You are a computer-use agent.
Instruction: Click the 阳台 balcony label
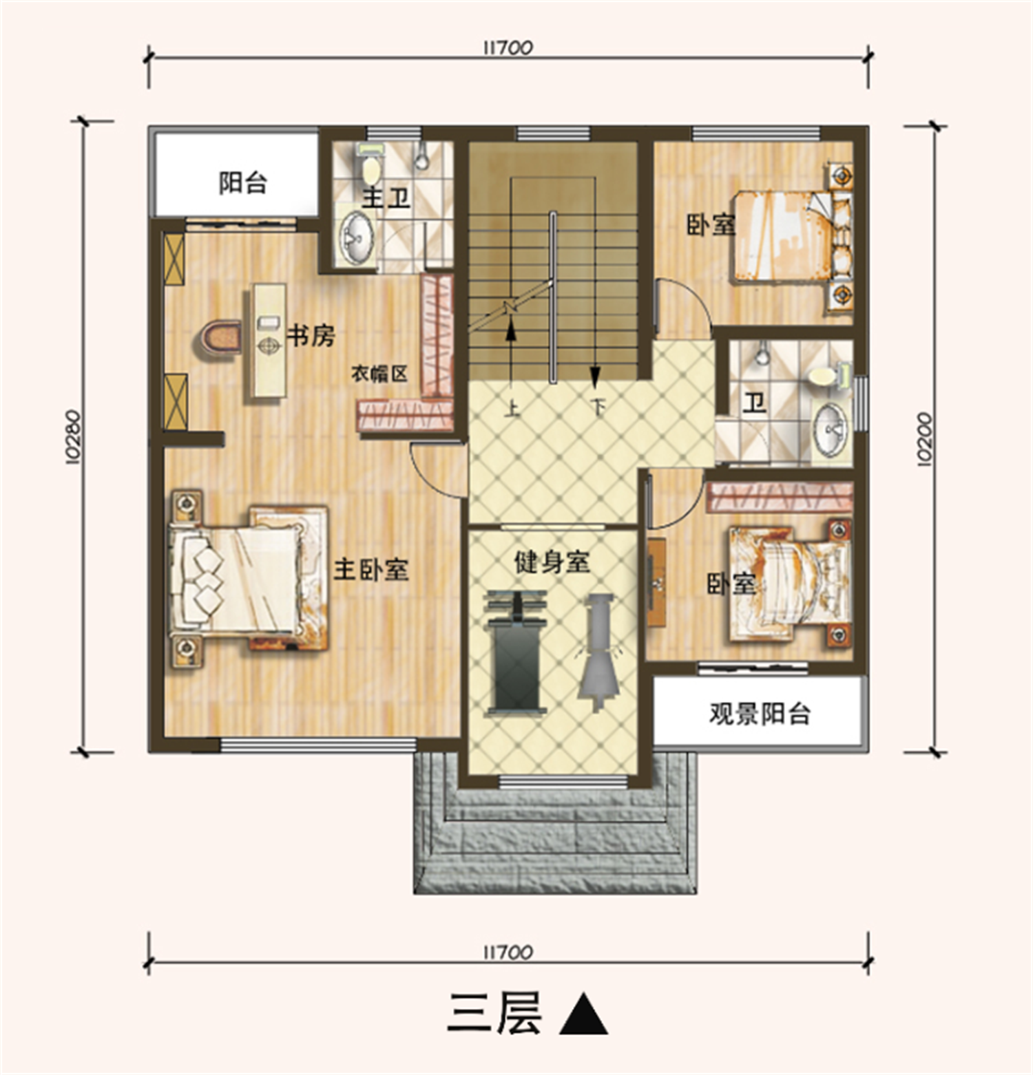(x=243, y=183)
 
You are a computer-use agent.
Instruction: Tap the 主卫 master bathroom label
(x=386, y=198)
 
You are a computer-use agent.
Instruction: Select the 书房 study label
(x=311, y=336)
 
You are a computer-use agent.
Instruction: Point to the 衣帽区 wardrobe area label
(x=379, y=374)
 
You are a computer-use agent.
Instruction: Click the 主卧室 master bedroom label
(x=371, y=569)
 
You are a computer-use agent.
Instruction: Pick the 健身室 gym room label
(x=552, y=562)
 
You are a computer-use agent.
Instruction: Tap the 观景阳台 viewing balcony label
(x=760, y=714)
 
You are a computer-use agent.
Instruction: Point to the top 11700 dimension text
(x=508, y=48)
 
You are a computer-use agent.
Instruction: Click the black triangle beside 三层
(x=583, y=1014)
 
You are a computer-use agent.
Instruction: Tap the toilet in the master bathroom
(x=371, y=164)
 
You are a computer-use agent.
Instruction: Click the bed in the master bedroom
(x=248, y=578)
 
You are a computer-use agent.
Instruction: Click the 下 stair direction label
(x=598, y=407)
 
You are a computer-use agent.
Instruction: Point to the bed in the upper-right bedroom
(x=785, y=235)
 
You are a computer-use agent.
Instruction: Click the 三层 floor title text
(x=495, y=1013)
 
